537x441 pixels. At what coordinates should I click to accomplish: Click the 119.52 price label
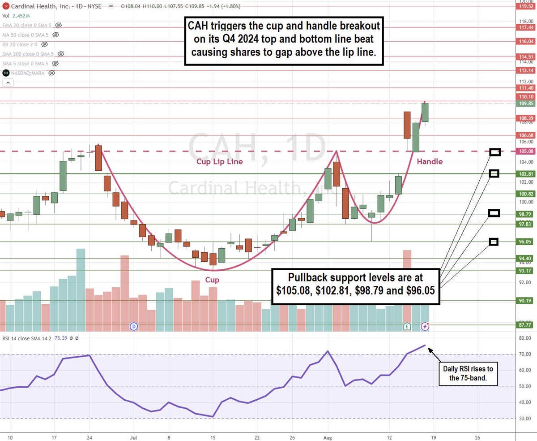click(x=525, y=6)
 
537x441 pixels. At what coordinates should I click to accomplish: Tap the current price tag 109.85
click(x=525, y=104)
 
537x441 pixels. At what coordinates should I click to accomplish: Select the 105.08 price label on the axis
click(x=525, y=151)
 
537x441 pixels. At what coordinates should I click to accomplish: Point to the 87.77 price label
click(x=525, y=325)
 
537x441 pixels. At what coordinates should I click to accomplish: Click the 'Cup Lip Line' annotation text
click(x=219, y=161)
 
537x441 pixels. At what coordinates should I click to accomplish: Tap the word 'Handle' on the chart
click(x=430, y=161)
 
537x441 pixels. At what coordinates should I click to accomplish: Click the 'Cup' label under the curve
click(x=212, y=280)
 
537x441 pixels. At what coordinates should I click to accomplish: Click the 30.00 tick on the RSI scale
click(x=525, y=419)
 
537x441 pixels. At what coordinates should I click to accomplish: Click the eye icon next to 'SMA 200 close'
click(x=61, y=54)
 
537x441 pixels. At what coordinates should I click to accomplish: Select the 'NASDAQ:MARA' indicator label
click(x=28, y=73)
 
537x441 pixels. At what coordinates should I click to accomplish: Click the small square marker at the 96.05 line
click(x=494, y=242)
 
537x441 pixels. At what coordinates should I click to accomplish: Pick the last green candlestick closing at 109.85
click(x=425, y=112)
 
